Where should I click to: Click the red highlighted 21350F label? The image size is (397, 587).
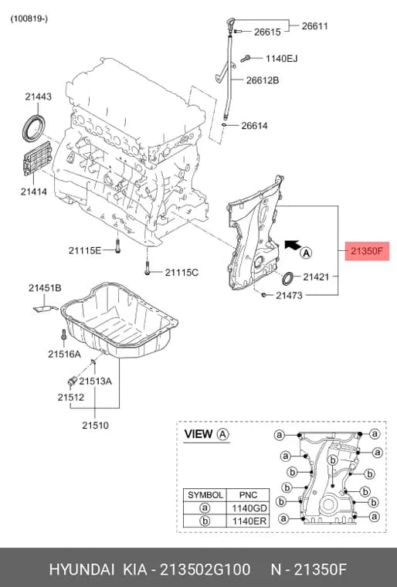point(367,251)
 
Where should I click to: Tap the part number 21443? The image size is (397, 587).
point(38,97)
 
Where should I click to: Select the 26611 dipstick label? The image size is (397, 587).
point(314,25)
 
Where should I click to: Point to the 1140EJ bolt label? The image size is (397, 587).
point(282,59)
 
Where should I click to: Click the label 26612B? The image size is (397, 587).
point(263,80)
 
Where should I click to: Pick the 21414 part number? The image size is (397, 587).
point(34,192)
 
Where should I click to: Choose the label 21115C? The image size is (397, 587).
point(182,273)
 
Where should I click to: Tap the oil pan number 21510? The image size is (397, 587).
point(96,426)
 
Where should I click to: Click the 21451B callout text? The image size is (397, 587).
point(45,288)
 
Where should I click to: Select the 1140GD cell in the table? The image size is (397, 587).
point(249,508)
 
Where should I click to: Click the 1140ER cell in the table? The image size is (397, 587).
point(249,521)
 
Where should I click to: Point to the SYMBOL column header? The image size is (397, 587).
point(205,495)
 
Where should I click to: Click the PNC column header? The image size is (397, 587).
point(248,495)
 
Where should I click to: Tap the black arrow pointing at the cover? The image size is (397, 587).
point(292,245)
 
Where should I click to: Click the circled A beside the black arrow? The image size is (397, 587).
point(307,253)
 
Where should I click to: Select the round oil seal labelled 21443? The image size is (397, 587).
point(34,128)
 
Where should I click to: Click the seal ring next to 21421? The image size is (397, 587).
point(288,279)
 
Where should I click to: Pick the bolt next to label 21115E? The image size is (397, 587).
point(117,246)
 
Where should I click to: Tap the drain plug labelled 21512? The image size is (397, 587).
point(71,381)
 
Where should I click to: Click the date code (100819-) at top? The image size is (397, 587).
point(29,19)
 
